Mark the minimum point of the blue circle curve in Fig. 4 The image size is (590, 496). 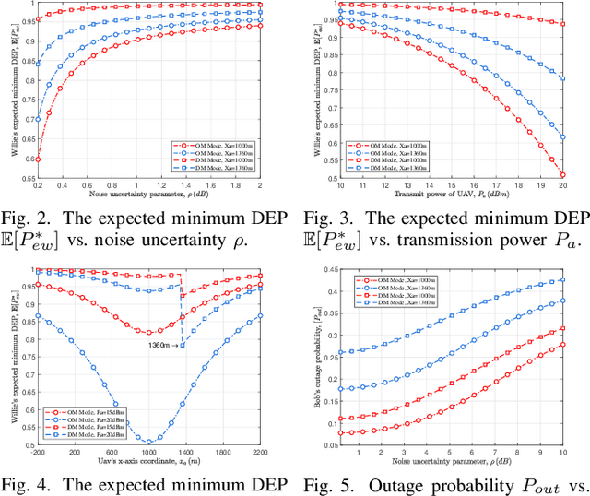click(150, 442)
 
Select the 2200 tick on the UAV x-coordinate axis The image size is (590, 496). click(261, 453)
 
